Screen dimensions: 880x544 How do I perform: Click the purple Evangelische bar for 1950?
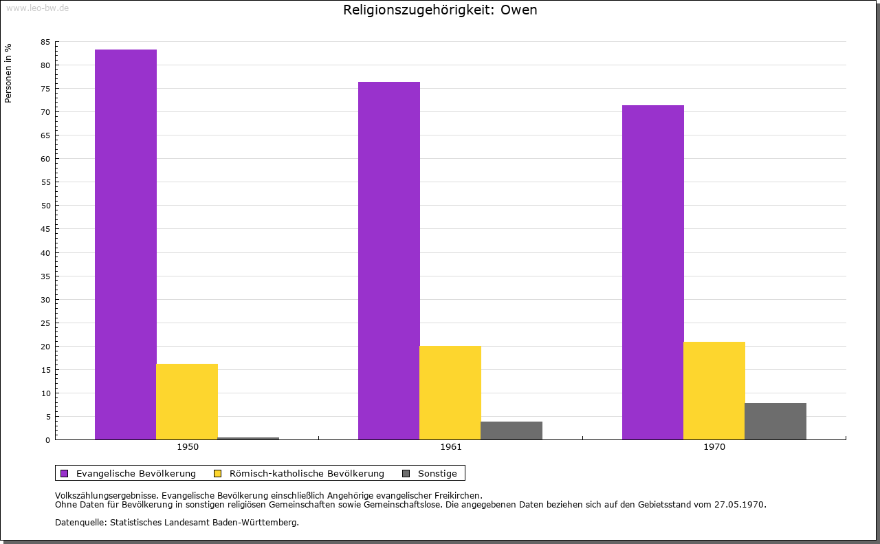(126, 244)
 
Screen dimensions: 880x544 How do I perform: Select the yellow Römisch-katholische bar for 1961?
(450, 393)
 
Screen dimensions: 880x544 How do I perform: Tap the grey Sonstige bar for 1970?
(775, 422)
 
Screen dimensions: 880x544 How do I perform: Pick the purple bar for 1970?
(653, 272)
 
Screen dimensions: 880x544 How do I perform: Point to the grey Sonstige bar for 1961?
(511, 431)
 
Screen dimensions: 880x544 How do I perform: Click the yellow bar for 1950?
(187, 402)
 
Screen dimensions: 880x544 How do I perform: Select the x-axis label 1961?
(451, 447)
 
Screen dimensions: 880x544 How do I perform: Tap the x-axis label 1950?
(188, 447)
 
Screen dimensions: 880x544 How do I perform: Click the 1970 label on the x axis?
(714, 447)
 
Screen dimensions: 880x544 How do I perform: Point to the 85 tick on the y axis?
(45, 42)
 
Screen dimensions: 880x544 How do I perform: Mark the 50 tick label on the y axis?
(45, 206)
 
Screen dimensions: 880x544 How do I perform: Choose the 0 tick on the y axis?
(48, 440)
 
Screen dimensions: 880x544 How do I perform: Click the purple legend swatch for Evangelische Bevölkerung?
(65, 474)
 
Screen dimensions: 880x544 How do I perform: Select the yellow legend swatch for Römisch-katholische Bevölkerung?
(218, 474)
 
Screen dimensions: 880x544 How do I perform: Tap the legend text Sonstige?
(437, 474)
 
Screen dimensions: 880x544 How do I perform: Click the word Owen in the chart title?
(518, 10)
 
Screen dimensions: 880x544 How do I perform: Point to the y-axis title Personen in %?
(8, 73)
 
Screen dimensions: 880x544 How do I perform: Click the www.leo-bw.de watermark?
(38, 8)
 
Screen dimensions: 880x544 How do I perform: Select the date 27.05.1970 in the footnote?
(739, 505)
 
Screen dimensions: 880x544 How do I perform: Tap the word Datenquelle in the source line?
(80, 523)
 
